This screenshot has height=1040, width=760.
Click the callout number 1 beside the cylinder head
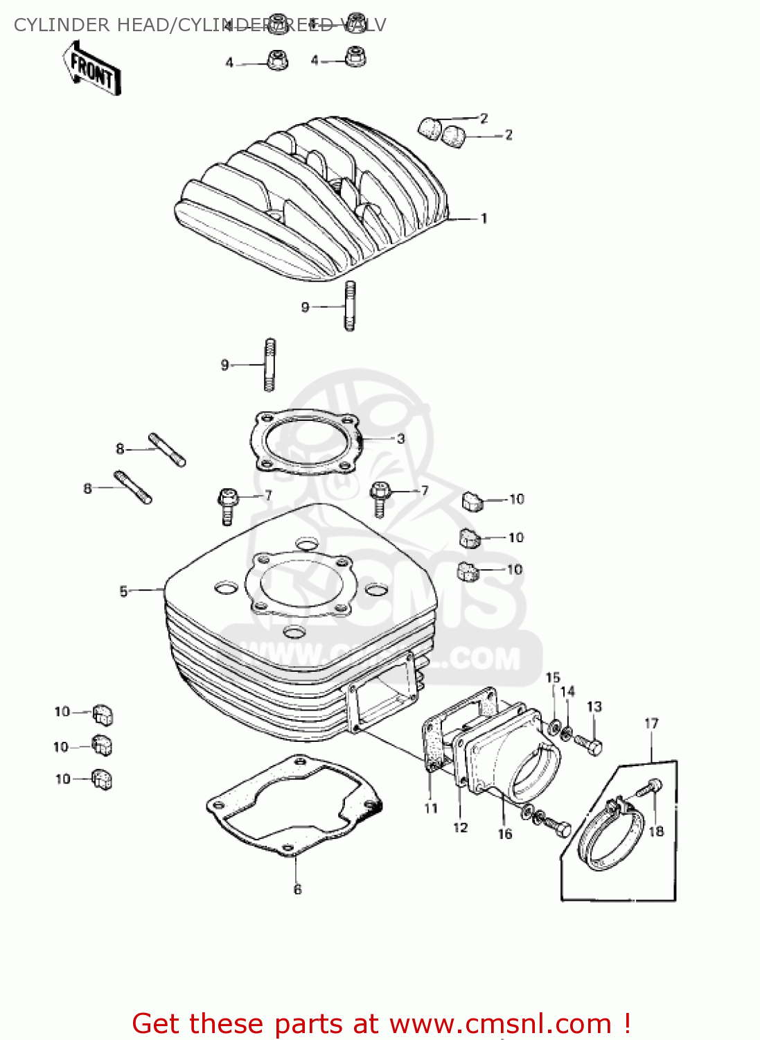pyautogui.click(x=484, y=218)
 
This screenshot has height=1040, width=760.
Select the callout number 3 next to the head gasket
pyautogui.click(x=400, y=439)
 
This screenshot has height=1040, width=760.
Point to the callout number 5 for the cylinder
pyautogui.click(x=123, y=591)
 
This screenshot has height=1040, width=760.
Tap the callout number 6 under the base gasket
pyautogui.click(x=297, y=890)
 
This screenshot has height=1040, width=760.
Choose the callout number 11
pyautogui.click(x=431, y=808)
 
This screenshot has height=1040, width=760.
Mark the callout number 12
pyautogui.click(x=460, y=827)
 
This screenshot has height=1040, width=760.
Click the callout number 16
pyautogui.click(x=505, y=834)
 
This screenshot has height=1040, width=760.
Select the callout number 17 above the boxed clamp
pyautogui.click(x=651, y=723)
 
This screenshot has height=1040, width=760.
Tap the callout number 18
pyautogui.click(x=656, y=831)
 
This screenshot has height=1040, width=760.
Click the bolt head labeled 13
pyautogui.click(x=594, y=747)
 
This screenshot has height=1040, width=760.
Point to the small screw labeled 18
pyautogui.click(x=653, y=786)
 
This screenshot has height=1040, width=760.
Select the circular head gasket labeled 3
pyautogui.click(x=306, y=443)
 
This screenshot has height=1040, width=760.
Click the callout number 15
pyautogui.click(x=553, y=677)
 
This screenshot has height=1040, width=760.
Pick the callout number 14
pyautogui.click(x=567, y=691)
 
